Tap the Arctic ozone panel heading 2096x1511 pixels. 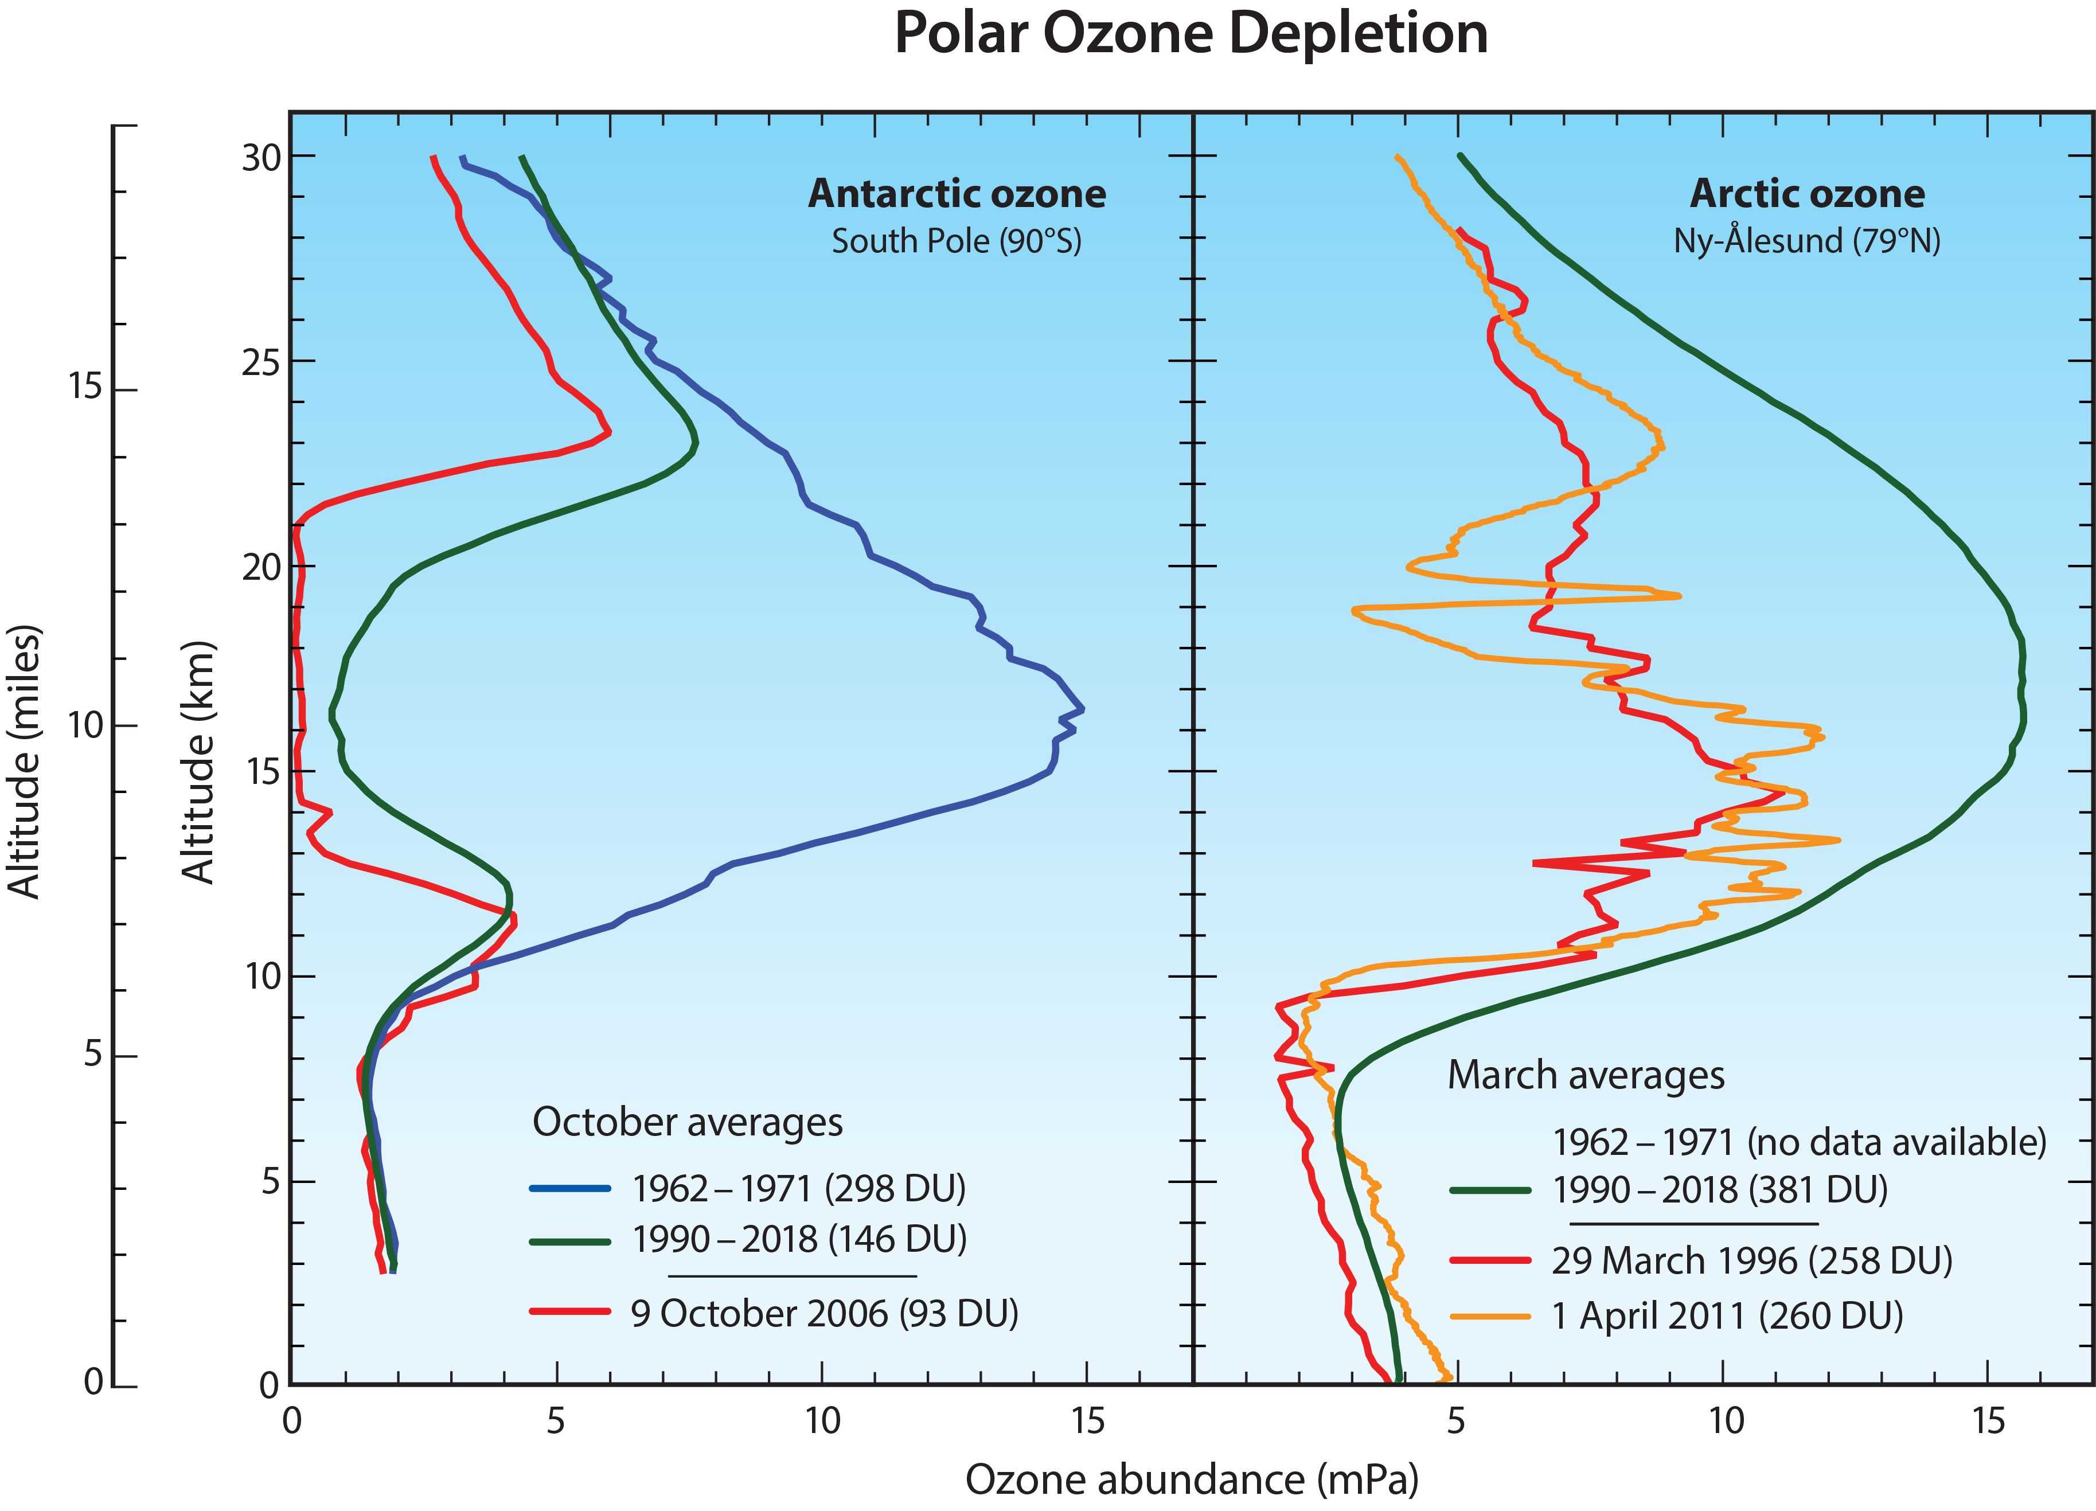pyautogui.click(x=1807, y=193)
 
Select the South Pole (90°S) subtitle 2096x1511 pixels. pyautogui.click(x=957, y=241)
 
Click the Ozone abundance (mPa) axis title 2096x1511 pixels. pyautogui.click(x=1191, y=1479)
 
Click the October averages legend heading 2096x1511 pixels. pyautogui.click(x=688, y=1122)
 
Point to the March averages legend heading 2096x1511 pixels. pyautogui.click(x=1586, y=1075)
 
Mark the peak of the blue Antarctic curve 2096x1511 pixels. pyautogui.click(x=1082, y=709)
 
